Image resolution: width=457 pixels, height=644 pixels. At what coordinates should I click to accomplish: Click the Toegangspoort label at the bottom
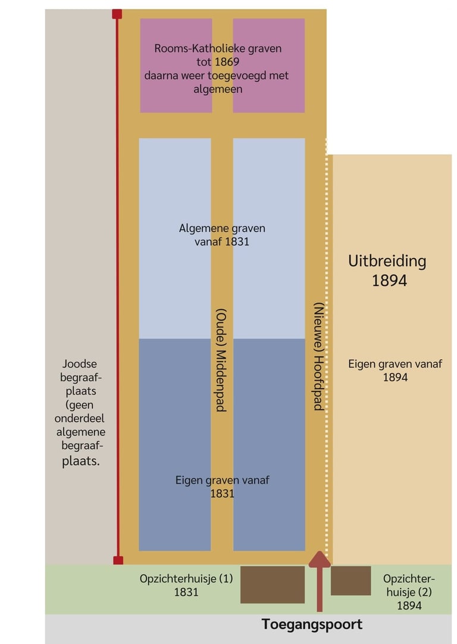tap(312, 624)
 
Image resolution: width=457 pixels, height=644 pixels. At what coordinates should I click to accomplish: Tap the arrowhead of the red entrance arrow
tap(320, 559)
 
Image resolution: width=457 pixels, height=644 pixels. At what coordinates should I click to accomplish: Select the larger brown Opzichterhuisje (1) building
tap(273, 584)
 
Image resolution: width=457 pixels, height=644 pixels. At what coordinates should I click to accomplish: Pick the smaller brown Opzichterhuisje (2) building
tap(350, 580)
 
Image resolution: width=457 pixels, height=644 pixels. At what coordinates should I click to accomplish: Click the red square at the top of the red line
tap(117, 14)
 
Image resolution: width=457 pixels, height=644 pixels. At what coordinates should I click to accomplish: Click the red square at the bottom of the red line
tap(118, 560)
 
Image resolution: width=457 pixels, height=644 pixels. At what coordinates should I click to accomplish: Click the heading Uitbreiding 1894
tap(387, 270)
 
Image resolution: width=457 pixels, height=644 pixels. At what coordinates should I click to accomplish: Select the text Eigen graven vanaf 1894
tap(395, 370)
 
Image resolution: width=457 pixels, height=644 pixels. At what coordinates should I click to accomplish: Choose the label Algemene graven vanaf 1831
tap(222, 235)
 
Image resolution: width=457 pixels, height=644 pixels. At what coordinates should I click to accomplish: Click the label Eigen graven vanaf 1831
tap(223, 487)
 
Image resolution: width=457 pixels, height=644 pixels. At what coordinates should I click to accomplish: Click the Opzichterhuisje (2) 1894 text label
tap(409, 592)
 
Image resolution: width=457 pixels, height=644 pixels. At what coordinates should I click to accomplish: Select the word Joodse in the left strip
tap(79, 363)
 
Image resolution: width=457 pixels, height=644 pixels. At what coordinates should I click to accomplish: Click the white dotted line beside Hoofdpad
tap(326, 346)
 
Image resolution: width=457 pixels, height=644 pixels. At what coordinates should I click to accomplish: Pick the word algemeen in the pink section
tap(218, 89)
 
